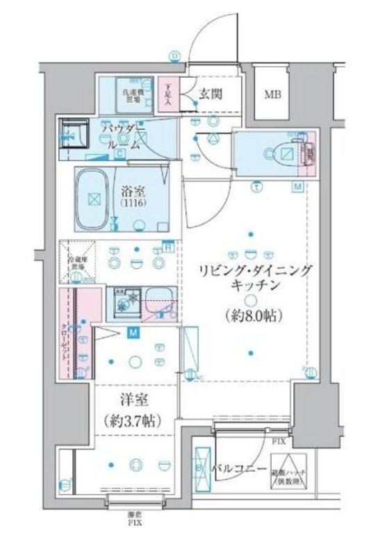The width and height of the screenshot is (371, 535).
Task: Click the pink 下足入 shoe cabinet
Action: tap(167, 92)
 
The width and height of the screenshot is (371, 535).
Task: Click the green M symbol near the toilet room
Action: tap(297, 186)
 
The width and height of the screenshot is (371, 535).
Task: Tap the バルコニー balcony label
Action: tap(238, 470)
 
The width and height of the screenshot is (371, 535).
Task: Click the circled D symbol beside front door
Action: tap(175, 57)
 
